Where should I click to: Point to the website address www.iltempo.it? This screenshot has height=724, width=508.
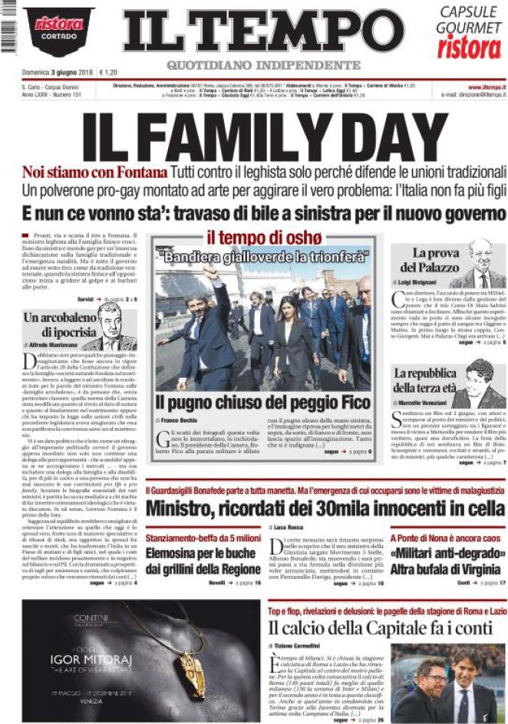point(484,87)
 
